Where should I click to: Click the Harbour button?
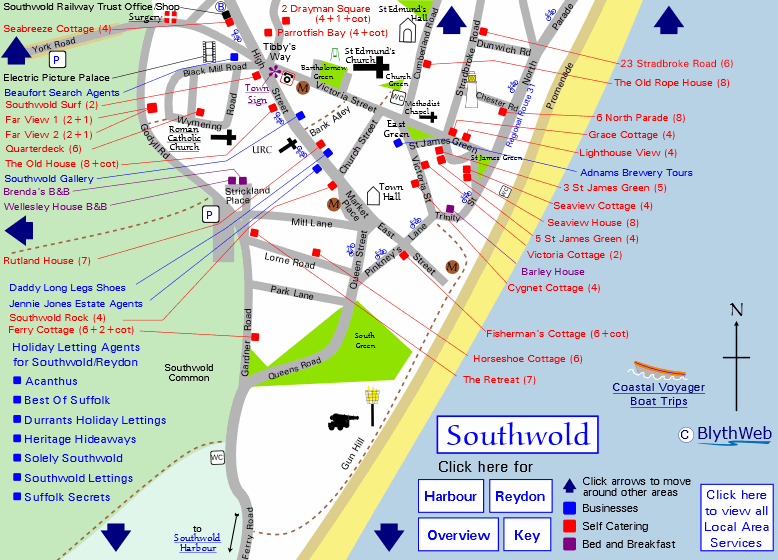(x=450, y=497)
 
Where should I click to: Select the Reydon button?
(x=520, y=497)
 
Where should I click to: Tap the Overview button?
(x=458, y=535)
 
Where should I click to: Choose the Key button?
(x=527, y=535)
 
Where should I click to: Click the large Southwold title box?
(x=517, y=435)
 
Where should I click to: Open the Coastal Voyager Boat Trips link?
(x=659, y=394)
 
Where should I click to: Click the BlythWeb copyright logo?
(x=725, y=434)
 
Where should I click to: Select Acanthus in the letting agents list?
(x=51, y=381)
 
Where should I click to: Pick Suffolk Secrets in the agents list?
(x=67, y=497)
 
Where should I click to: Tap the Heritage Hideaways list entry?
(x=80, y=439)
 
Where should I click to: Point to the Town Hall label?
(x=390, y=192)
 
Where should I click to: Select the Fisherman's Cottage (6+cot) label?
(x=557, y=333)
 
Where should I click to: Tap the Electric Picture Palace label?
(x=56, y=77)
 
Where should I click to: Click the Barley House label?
(x=553, y=271)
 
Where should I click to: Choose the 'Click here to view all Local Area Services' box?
(x=736, y=518)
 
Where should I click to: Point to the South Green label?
(x=364, y=341)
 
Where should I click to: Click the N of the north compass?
(x=736, y=310)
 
